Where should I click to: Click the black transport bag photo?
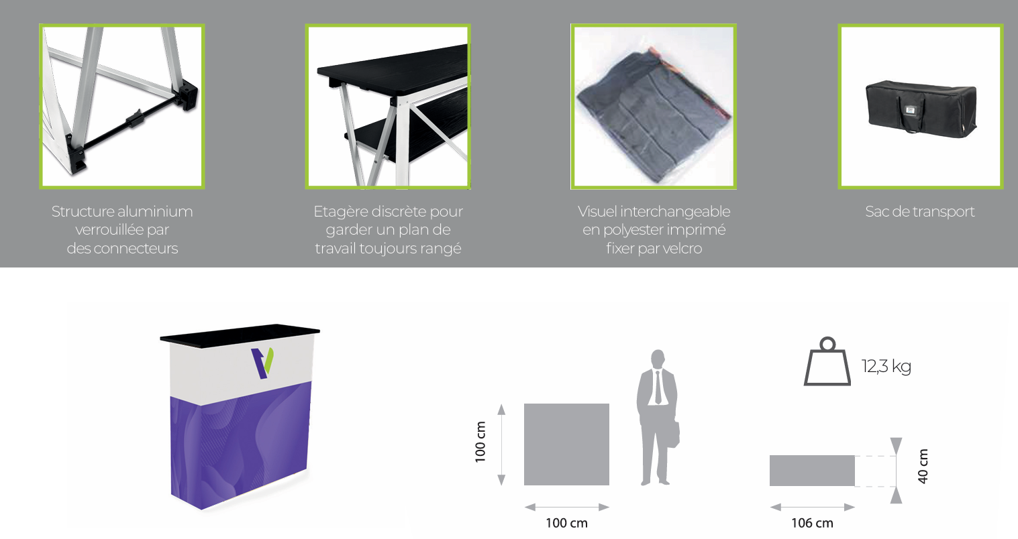[921, 107]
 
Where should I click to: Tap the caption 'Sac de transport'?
[920, 212]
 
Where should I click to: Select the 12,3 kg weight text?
[886, 366]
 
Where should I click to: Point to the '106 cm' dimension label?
[812, 523]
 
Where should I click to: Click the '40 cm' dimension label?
[923, 466]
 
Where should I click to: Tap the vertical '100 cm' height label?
[480, 442]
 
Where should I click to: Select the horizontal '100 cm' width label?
[567, 523]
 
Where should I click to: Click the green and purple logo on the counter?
[262, 363]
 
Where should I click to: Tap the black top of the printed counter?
[240, 335]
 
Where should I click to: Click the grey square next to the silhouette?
[567, 444]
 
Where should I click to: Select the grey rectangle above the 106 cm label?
[812, 471]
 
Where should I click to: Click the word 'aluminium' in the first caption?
[155, 212]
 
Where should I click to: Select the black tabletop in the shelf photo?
[393, 68]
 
